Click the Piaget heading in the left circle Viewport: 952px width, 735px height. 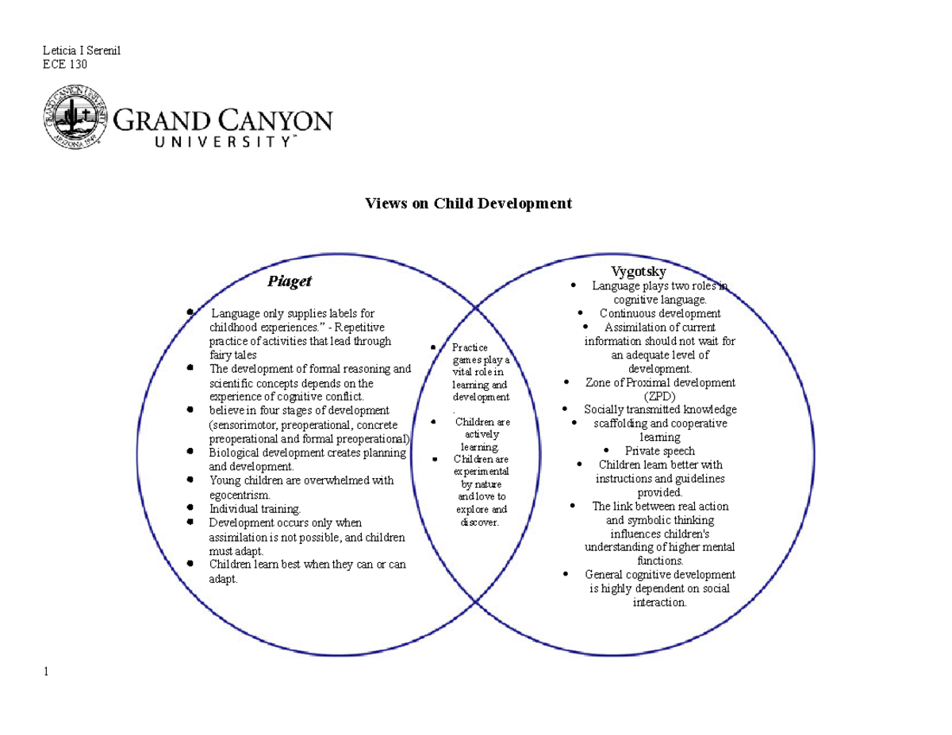point(289,281)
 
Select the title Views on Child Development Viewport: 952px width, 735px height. point(468,204)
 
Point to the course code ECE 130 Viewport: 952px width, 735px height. point(64,64)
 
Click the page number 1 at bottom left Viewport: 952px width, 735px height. point(47,672)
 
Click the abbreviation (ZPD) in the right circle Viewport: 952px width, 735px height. point(659,396)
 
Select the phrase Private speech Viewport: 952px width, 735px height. point(659,451)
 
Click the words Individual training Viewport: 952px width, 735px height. point(255,508)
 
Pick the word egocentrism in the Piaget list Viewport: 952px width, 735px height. point(240,495)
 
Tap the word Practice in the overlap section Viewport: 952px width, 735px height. point(470,347)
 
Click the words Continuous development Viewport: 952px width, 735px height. point(659,313)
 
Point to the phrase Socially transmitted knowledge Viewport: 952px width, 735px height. point(660,410)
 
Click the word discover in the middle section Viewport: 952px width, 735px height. point(478,523)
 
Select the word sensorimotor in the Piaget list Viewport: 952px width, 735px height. point(240,425)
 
